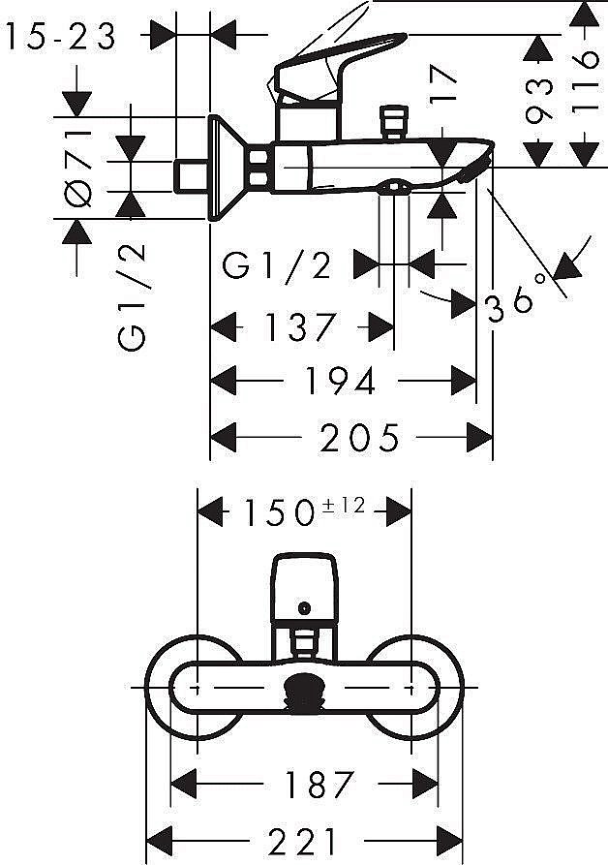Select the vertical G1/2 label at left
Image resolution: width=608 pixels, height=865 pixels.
click(x=132, y=294)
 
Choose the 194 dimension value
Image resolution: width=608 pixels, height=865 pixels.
click(x=340, y=382)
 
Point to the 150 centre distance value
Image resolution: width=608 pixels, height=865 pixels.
click(x=279, y=511)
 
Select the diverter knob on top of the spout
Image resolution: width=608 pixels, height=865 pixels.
click(x=392, y=123)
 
